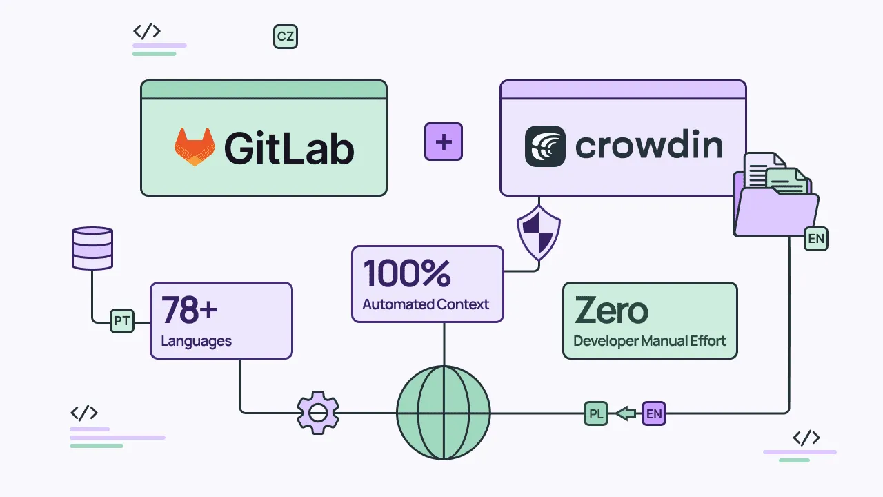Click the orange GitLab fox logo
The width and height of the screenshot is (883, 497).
[195, 146]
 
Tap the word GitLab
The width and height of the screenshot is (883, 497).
[288, 147]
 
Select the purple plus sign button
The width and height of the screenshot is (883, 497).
[443, 142]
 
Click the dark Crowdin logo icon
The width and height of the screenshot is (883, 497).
[545, 146]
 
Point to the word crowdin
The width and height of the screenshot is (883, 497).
[648, 146]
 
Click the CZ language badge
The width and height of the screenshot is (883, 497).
[285, 37]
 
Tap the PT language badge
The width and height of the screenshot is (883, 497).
[122, 321]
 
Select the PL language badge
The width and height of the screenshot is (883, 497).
[596, 414]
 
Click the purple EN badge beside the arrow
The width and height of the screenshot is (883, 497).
[654, 414]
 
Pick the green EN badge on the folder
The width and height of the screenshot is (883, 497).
[816, 239]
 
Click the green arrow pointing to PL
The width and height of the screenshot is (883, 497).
[626, 414]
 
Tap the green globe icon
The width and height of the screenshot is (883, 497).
[444, 413]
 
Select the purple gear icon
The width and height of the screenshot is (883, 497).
[318, 413]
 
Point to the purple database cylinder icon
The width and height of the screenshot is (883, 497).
[92, 248]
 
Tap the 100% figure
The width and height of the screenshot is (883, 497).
[407, 273]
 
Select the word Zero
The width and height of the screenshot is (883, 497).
[611, 311]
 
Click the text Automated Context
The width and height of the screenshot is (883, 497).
[426, 304]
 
